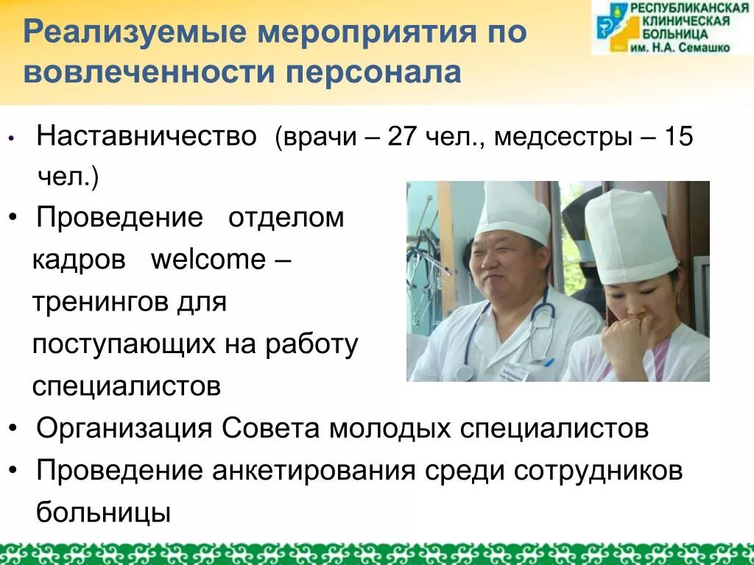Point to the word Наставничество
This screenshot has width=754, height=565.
click(147, 137)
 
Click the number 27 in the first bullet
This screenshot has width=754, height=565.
click(403, 138)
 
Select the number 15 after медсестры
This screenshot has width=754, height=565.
click(678, 138)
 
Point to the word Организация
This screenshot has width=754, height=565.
click(124, 428)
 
